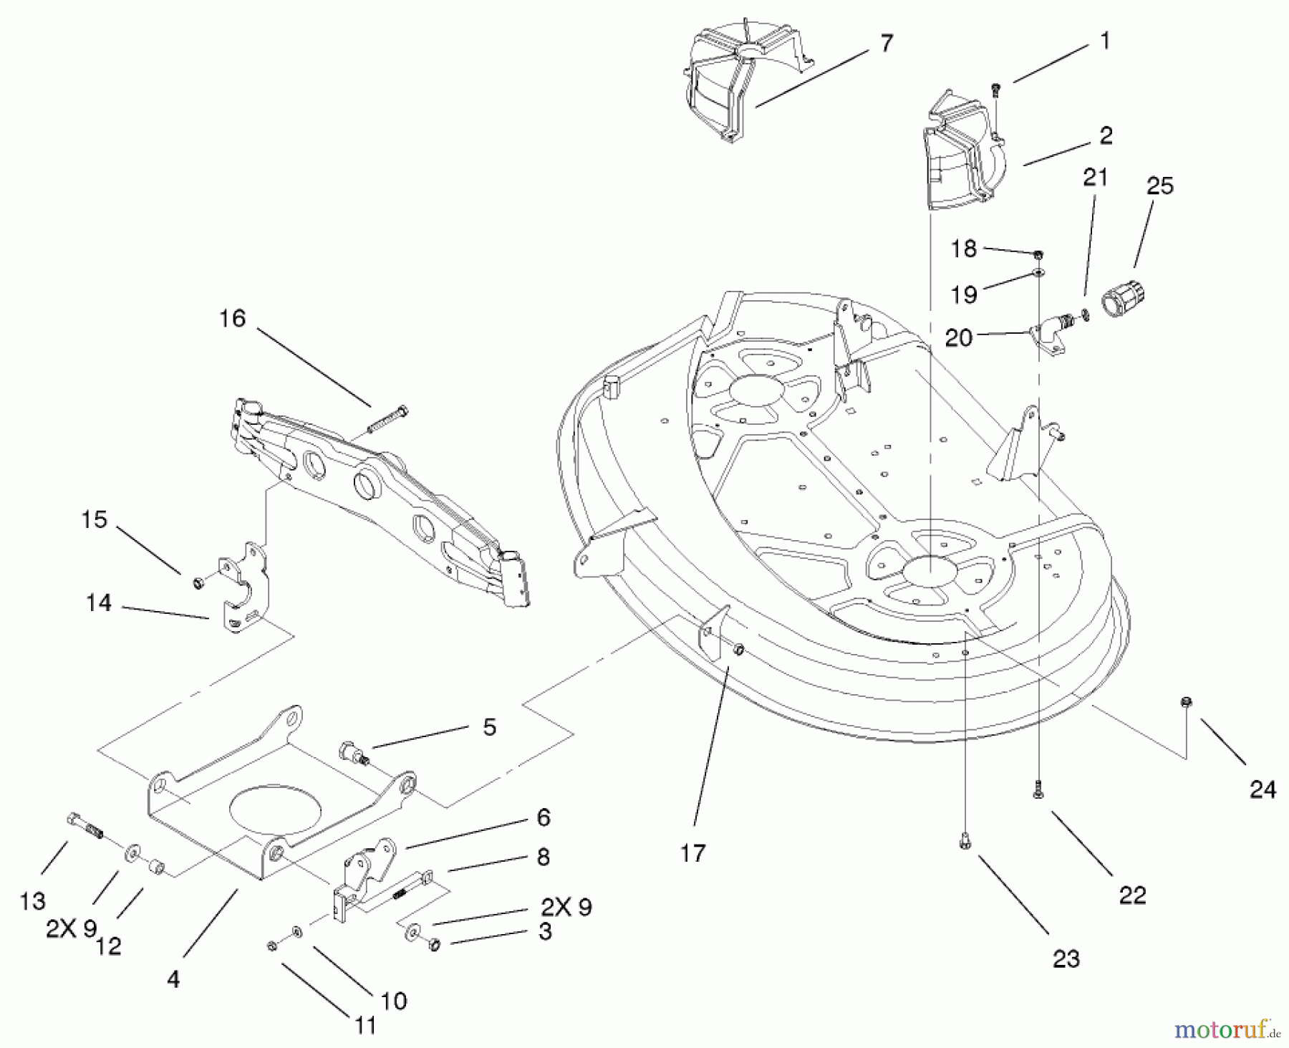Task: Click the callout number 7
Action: click(887, 44)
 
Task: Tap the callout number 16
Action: click(232, 319)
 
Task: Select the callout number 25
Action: click(1160, 186)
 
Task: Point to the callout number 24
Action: click(1263, 789)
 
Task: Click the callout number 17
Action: click(692, 853)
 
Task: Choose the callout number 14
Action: click(99, 603)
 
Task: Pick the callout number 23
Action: click(1066, 958)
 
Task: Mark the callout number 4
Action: click(173, 979)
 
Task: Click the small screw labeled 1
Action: click(995, 90)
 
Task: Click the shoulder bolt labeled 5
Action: click(353, 754)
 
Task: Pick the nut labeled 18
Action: click(1039, 254)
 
